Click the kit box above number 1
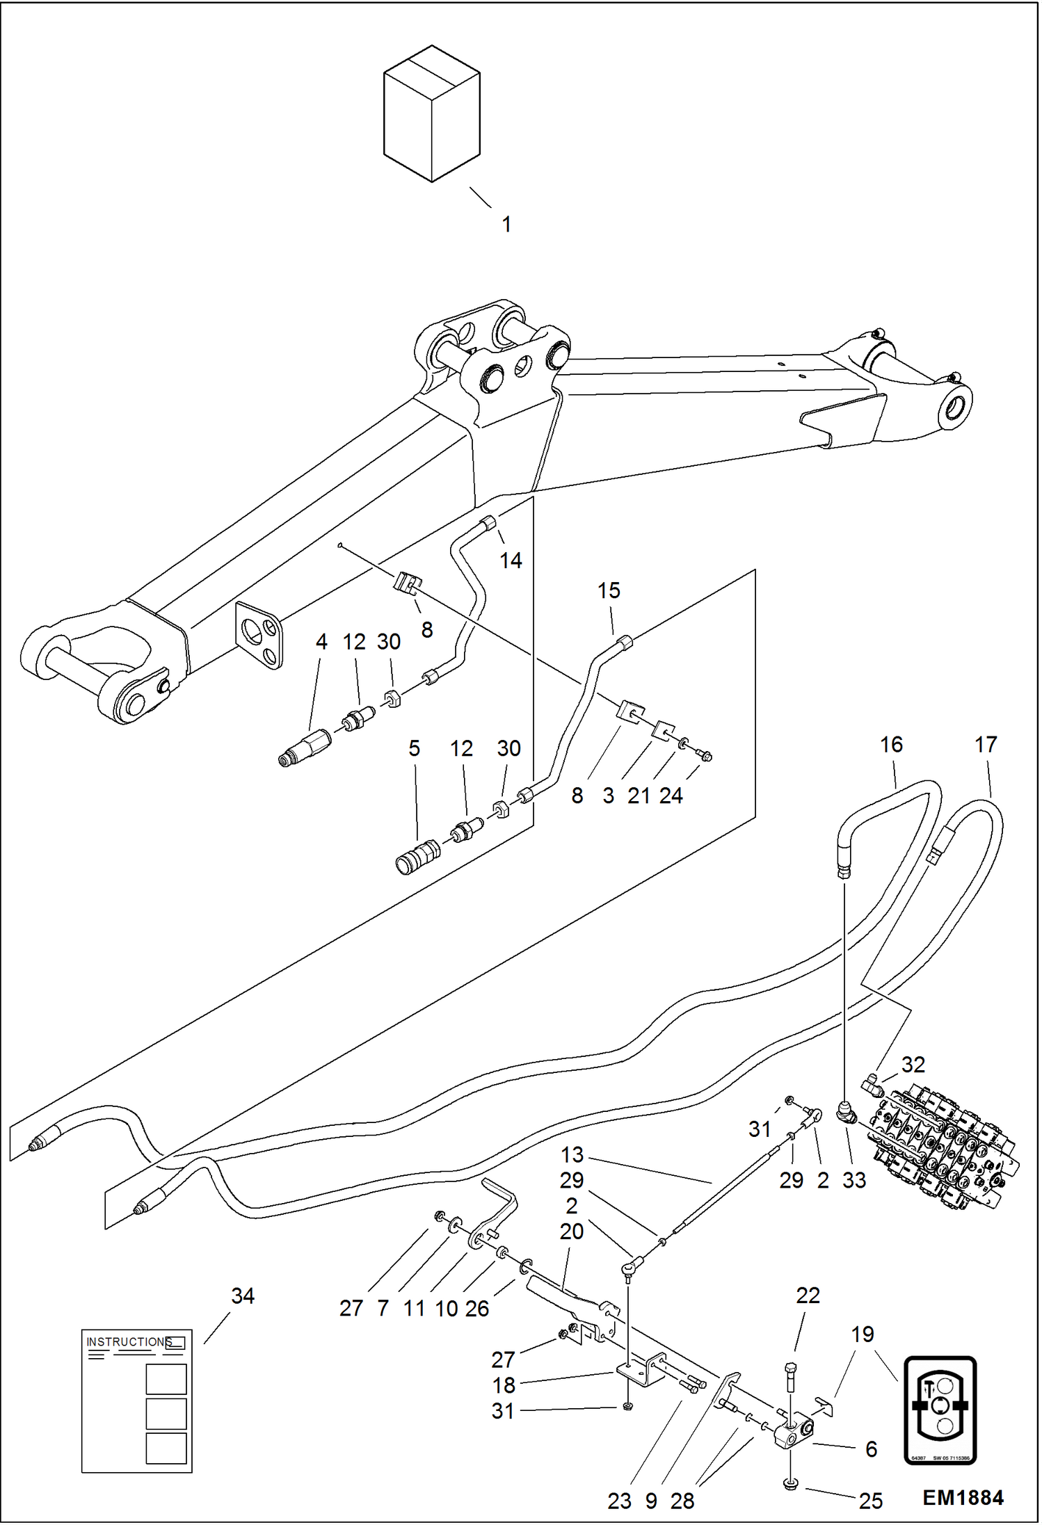pyautogui.click(x=431, y=115)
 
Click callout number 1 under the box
pyautogui.click(x=507, y=225)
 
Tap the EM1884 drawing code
pyautogui.click(x=963, y=1498)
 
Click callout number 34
pyautogui.click(x=243, y=1296)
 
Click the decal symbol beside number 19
pyautogui.click(x=940, y=1410)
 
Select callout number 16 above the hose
pyautogui.click(x=891, y=745)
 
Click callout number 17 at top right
pyautogui.click(x=986, y=745)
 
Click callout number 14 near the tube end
pyautogui.click(x=511, y=560)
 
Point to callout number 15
pyautogui.click(x=609, y=590)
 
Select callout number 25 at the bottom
pyautogui.click(x=870, y=1501)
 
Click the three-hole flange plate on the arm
pyautogui.click(x=259, y=634)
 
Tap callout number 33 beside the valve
pyautogui.click(x=854, y=1180)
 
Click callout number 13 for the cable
pyautogui.click(x=572, y=1154)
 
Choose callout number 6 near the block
pyautogui.click(x=871, y=1449)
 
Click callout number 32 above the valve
pyautogui.click(x=913, y=1065)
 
